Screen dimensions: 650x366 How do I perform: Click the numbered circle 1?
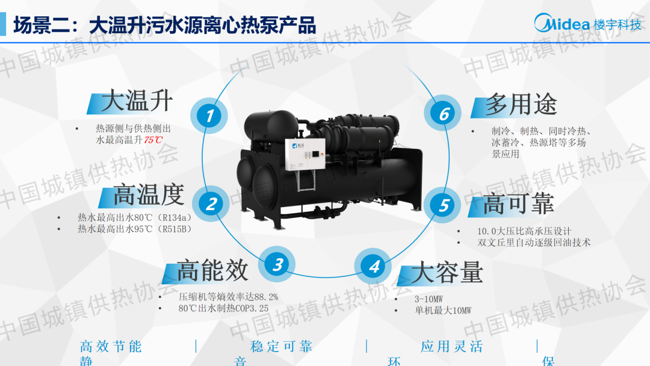[x=209, y=116]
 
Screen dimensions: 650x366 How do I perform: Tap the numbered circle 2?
[x=211, y=204]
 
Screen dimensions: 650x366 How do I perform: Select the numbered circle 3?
[x=276, y=264]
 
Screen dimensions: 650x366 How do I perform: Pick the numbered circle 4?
[x=373, y=267]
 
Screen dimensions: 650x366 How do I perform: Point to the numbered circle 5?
[x=442, y=205]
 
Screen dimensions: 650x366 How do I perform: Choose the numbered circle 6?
[x=443, y=113]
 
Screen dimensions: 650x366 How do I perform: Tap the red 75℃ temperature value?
[x=153, y=140]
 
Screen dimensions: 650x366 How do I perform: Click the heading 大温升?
[x=137, y=101]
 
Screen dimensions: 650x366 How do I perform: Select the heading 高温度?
[x=149, y=195]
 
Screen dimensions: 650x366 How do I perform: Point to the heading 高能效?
[x=212, y=271]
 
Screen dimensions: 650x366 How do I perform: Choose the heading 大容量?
[x=447, y=272]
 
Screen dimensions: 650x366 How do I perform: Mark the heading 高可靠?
[x=518, y=203]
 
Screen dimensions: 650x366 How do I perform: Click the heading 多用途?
[x=521, y=104]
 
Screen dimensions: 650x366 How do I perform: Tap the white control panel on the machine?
[x=305, y=154]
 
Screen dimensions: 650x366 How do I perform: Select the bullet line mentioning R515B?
[x=135, y=229]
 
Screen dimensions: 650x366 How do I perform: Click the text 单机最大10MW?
[x=443, y=311]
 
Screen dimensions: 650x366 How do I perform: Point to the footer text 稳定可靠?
[x=282, y=347]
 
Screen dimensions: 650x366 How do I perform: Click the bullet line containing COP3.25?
[x=223, y=308]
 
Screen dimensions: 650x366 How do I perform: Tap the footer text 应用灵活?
[x=452, y=347]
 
